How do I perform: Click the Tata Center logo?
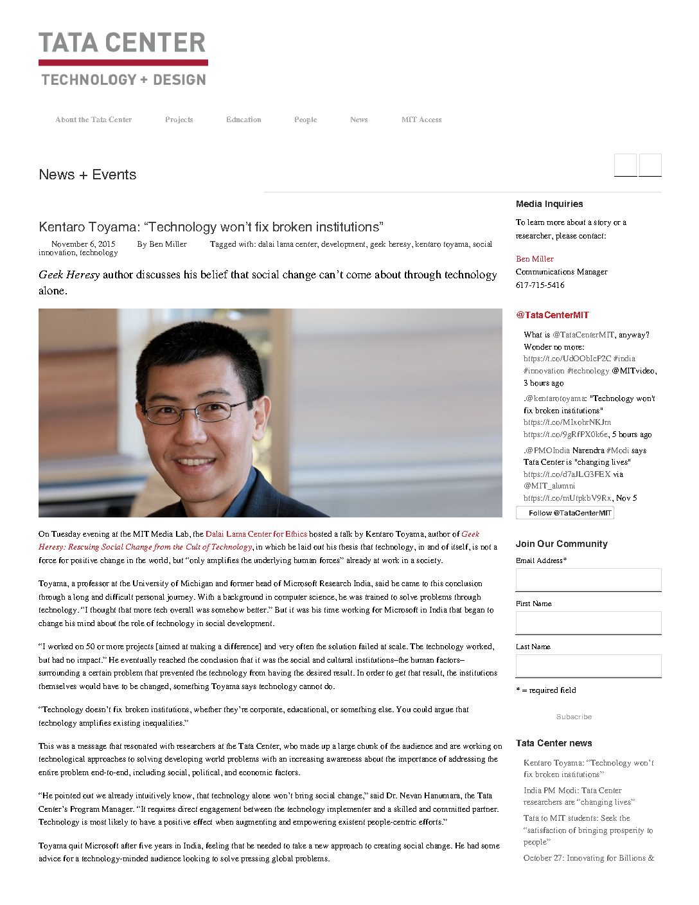point(123,59)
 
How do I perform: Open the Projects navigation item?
point(179,120)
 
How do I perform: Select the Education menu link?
point(243,120)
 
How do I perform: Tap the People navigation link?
point(305,120)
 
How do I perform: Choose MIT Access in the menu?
point(421,120)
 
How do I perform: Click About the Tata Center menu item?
point(94,120)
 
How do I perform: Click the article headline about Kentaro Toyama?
point(211,227)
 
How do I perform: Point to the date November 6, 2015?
point(84,244)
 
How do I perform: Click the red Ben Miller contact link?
point(535,259)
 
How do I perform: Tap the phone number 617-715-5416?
point(540,285)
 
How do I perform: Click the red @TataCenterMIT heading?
point(552,315)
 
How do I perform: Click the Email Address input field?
point(588,580)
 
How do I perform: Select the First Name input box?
point(588,623)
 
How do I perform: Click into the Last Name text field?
point(588,666)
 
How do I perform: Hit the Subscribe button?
point(574,717)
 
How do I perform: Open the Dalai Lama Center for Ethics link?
point(256,534)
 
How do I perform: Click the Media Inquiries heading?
point(549,204)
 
